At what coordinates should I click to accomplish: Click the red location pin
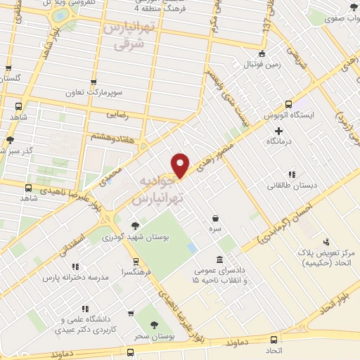click(181, 165)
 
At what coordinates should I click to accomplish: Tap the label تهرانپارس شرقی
click(128, 35)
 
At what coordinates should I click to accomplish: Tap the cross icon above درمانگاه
click(279, 131)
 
